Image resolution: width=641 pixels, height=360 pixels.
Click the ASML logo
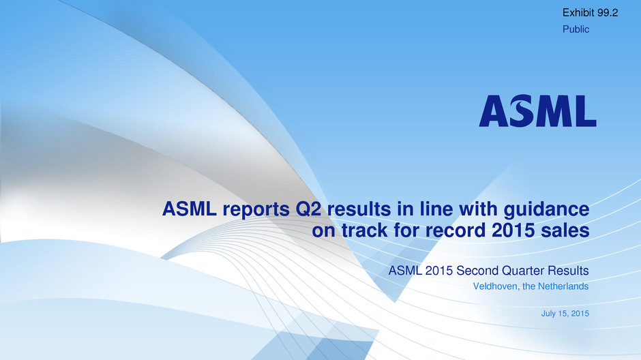click(537, 110)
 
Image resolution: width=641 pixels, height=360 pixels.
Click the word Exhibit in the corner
click(578, 13)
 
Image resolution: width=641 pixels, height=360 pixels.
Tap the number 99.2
click(607, 13)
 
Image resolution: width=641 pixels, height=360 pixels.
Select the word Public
click(576, 29)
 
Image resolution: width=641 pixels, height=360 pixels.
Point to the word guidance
click(547, 209)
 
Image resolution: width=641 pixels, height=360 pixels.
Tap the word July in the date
click(548, 314)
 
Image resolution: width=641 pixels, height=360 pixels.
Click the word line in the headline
click(431, 209)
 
